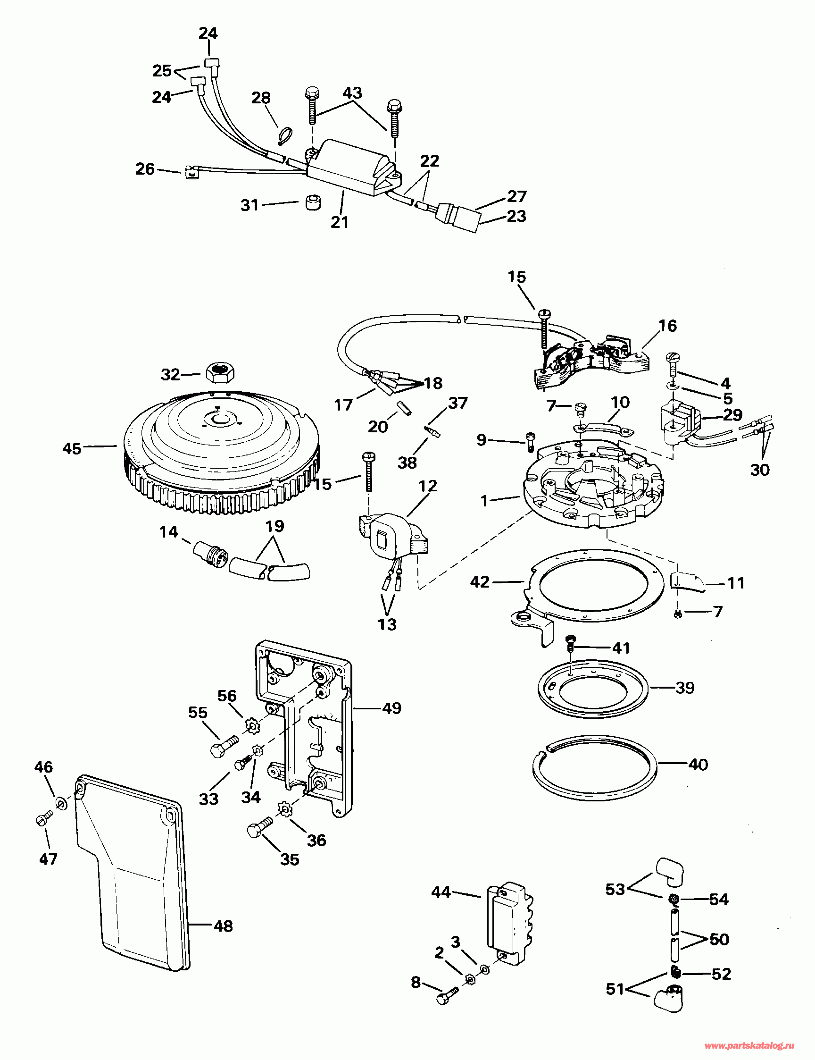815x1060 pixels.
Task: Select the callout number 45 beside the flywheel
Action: [x=72, y=448]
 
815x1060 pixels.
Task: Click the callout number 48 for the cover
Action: [x=224, y=926]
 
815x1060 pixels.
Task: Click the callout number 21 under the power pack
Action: [x=340, y=222]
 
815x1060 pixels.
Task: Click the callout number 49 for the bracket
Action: [x=392, y=708]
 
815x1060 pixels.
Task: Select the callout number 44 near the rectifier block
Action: [x=441, y=892]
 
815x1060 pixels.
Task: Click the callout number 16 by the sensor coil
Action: [x=667, y=326]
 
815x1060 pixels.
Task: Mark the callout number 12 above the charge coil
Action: [x=428, y=486]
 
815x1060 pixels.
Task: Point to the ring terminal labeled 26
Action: [x=191, y=172]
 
